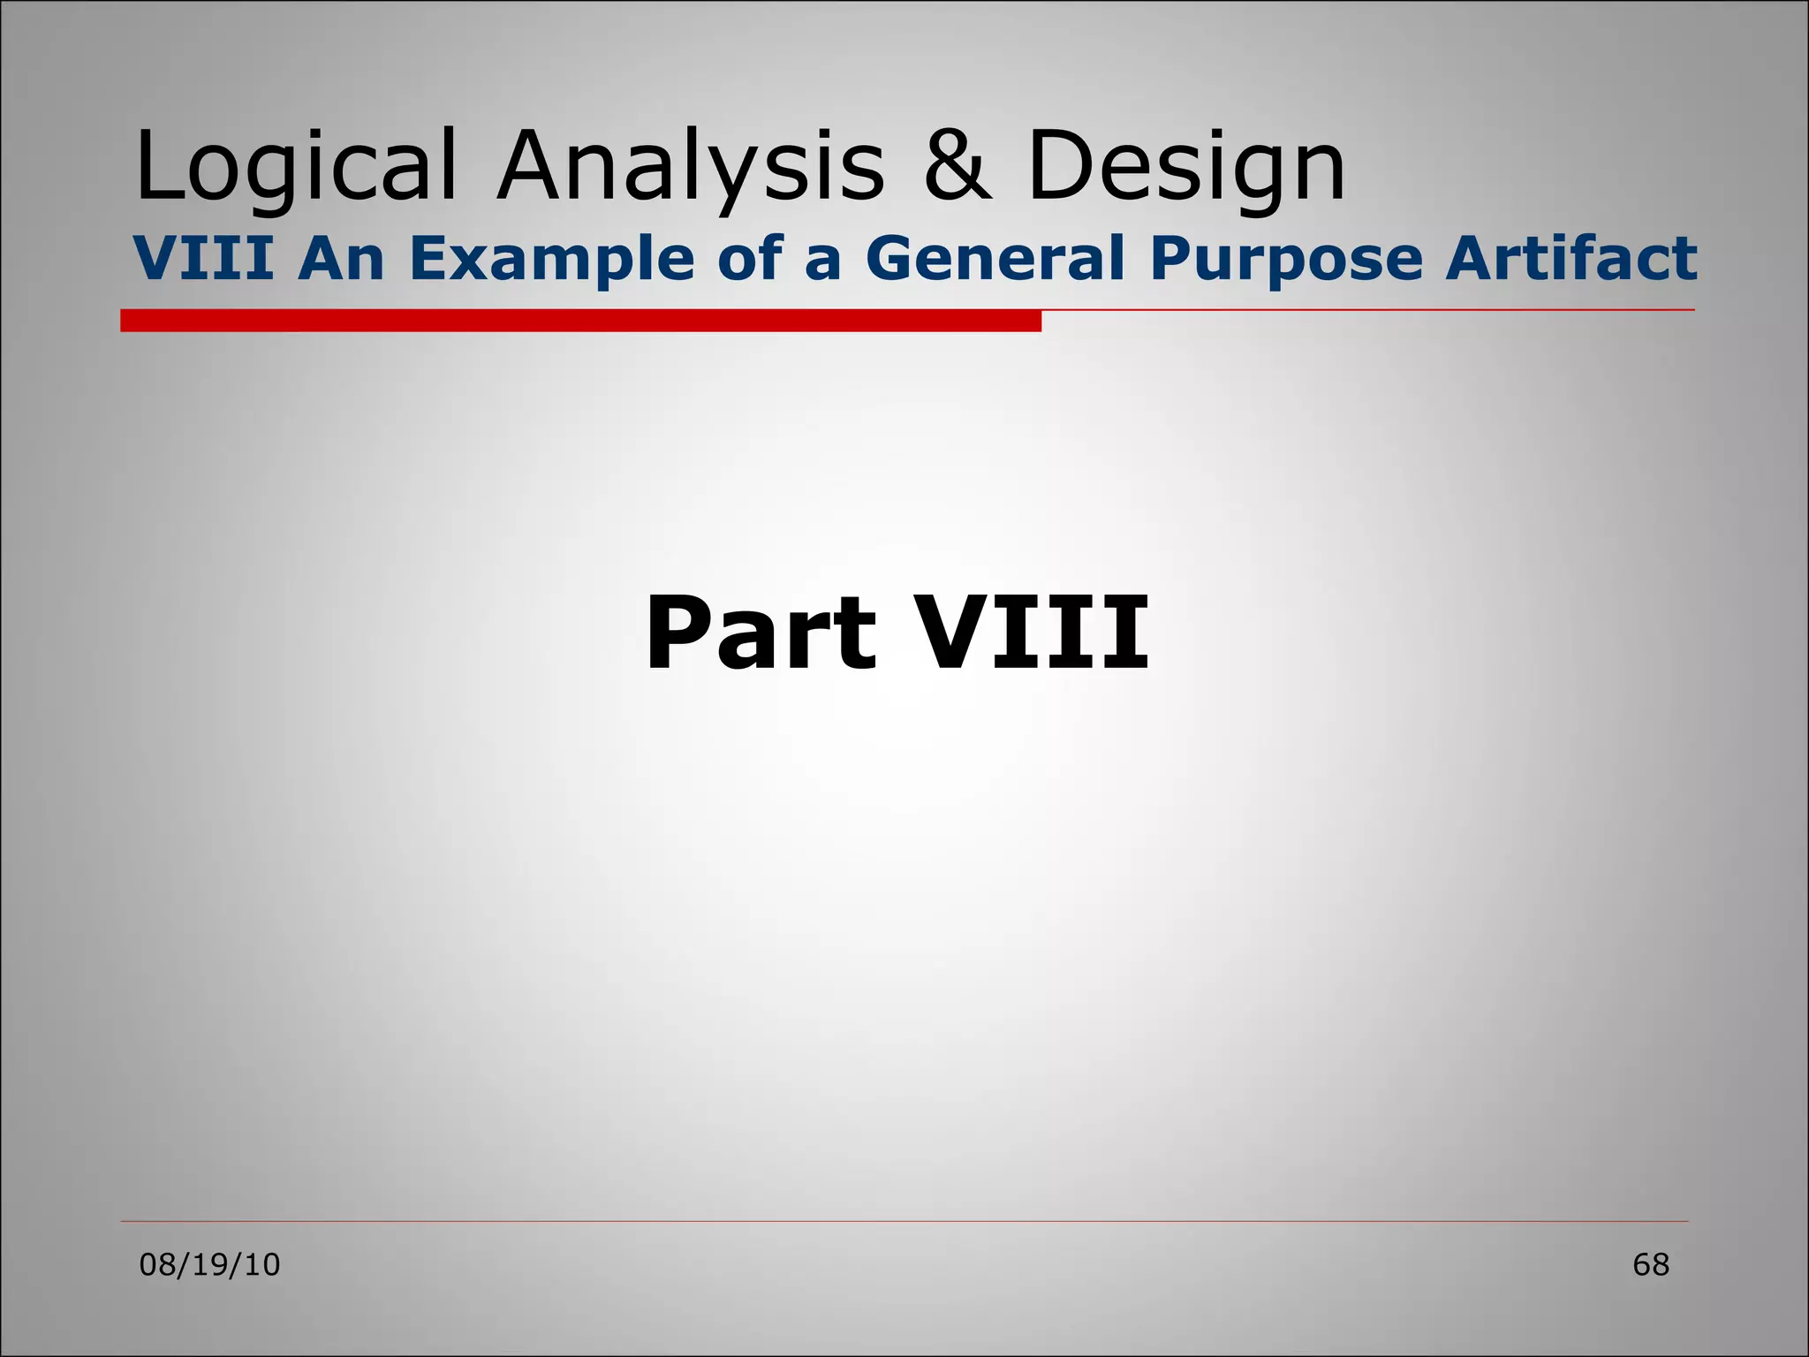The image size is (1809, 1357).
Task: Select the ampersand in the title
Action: (957, 166)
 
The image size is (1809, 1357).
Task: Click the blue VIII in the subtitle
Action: (203, 259)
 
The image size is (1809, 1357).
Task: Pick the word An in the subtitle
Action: (341, 259)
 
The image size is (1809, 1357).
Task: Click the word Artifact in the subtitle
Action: (1571, 259)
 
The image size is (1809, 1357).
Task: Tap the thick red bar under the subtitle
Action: (580, 321)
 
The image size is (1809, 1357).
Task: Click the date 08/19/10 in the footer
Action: (210, 1265)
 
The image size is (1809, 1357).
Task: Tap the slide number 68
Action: (1650, 1265)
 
